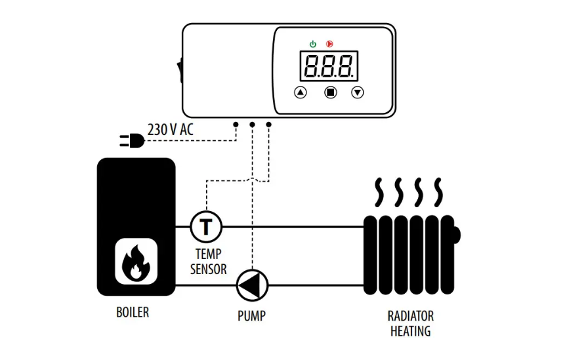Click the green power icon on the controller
pyautogui.click(x=313, y=44)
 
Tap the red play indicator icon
pyautogui.click(x=329, y=44)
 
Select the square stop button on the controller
pyautogui.click(x=331, y=92)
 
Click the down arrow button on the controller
pyautogui.click(x=358, y=92)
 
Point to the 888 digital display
pyautogui.click(x=329, y=66)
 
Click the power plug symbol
pyautogui.click(x=132, y=140)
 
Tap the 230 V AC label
pyautogui.click(x=171, y=130)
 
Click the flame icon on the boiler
pyautogui.click(x=136, y=262)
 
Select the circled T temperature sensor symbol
pyautogui.click(x=206, y=227)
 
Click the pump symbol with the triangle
pyautogui.click(x=252, y=285)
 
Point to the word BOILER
pyautogui.click(x=133, y=312)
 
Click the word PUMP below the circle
pyautogui.click(x=251, y=315)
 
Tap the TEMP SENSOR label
pyautogui.click(x=208, y=262)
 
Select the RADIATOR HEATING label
pyautogui.click(x=410, y=323)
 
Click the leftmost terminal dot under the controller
pyautogui.click(x=236, y=125)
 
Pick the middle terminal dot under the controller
pyautogui.click(x=252, y=125)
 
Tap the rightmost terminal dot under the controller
pyautogui.click(x=269, y=125)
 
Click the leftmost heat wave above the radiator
pyautogui.click(x=379, y=192)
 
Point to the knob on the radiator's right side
pyautogui.click(x=457, y=235)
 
